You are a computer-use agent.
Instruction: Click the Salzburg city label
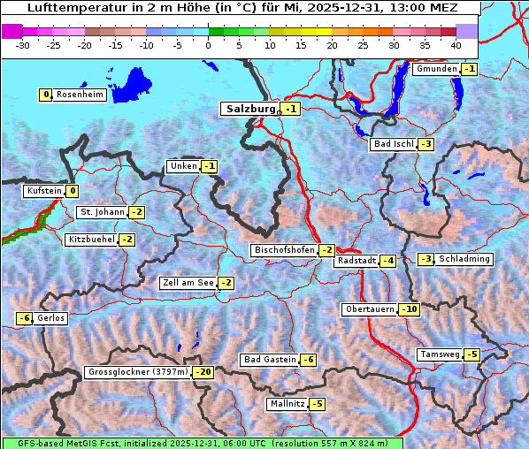point(250,109)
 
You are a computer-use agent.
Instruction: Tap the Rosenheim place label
point(80,95)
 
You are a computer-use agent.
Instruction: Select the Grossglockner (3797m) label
point(138,373)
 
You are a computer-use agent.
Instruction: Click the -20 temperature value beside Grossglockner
point(203,373)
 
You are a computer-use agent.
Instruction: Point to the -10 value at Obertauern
point(409,309)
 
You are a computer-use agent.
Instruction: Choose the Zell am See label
point(188,283)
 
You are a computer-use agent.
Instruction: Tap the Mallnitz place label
point(287,404)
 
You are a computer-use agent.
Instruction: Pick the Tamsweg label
point(440,354)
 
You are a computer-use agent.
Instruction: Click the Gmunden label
point(436,69)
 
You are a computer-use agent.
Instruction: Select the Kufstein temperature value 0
point(73,191)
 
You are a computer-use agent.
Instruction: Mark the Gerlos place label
point(51,318)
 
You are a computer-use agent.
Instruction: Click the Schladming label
point(464,259)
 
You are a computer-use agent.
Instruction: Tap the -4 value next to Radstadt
point(387,261)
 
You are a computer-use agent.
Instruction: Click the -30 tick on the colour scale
point(23,44)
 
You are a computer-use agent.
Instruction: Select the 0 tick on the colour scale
point(209,44)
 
